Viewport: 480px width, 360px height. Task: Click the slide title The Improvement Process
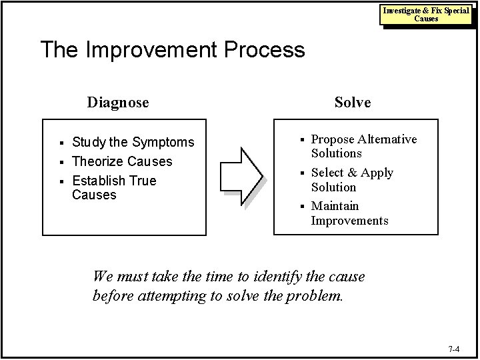pos(172,50)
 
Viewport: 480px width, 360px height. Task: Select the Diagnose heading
pos(118,103)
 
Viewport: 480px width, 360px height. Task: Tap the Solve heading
pos(353,103)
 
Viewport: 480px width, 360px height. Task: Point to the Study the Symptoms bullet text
pos(133,142)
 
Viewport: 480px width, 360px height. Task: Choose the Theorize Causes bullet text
pos(121,161)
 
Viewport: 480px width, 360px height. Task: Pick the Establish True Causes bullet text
pos(113,188)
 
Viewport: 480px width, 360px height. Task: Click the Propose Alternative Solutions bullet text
pos(363,146)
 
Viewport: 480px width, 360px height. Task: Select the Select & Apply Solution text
pos(352,180)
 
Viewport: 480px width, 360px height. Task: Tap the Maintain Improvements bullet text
pos(349,213)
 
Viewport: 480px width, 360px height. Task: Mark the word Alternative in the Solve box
pos(387,139)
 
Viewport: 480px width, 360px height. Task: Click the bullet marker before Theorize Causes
pos(61,162)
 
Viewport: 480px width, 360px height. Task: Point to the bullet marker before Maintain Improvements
pos(301,207)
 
